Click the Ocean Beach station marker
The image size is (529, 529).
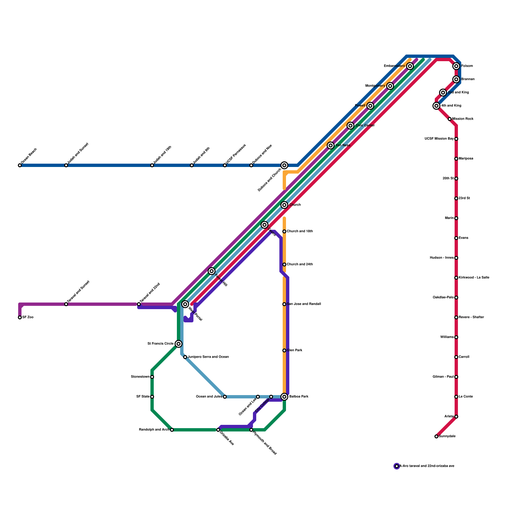click(x=20, y=165)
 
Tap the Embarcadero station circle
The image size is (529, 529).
click(x=410, y=66)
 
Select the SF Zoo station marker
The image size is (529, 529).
click(x=20, y=317)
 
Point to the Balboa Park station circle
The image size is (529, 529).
click(x=284, y=397)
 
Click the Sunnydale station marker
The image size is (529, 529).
click(x=436, y=436)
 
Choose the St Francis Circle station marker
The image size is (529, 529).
click(x=179, y=344)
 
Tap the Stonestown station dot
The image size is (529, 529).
click(x=152, y=377)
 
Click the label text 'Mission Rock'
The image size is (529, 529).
click(x=463, y=119)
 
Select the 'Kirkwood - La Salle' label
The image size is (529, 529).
click(x=474, y=278)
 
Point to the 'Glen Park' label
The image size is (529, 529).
click(x=295, y=350)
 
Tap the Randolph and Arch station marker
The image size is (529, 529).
click(x=172, y=430)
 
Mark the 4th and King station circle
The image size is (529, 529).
click(x=436, y=106)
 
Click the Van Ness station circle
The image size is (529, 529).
click(x=331, y=145)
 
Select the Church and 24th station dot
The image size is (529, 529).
click(x=284, y=264)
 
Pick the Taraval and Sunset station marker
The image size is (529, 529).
click(x=66, y=304)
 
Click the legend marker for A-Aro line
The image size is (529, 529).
click(x=397, y=466)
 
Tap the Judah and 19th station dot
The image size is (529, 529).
click(x=152, y=165)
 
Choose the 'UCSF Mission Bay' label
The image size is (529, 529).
click(x=439, y=139)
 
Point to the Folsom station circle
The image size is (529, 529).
click(x=456, y=66)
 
